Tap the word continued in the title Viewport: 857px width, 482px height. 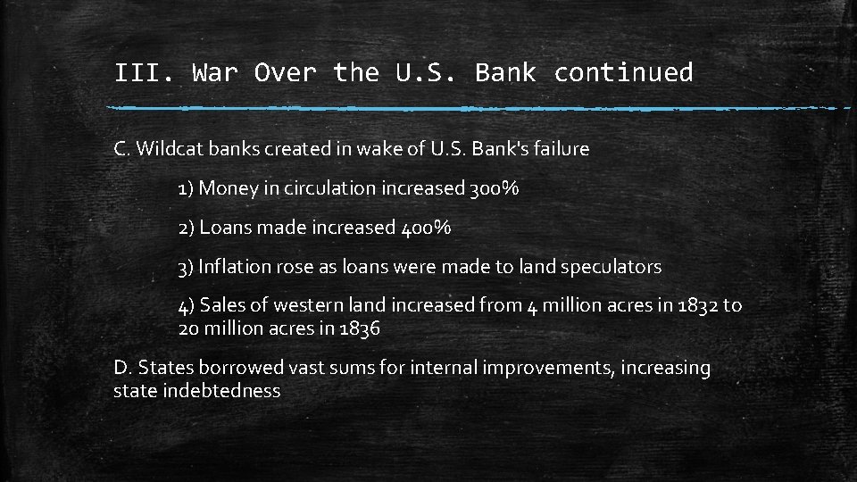pyautogui.click(x=623, y=72)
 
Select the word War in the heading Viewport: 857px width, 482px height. pyautogui.click(x=213, y=72)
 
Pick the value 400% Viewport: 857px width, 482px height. pyautogui.click(x=424, y=228)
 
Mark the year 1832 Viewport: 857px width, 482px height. pyautogui.click(x=696, y=306)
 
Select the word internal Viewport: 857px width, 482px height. pyautogui.click(x=441, y=368)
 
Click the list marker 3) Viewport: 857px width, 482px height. pyautogui.click(x=186, y=267)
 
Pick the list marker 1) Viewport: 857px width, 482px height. pyautogui.click(x=186, y=188)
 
